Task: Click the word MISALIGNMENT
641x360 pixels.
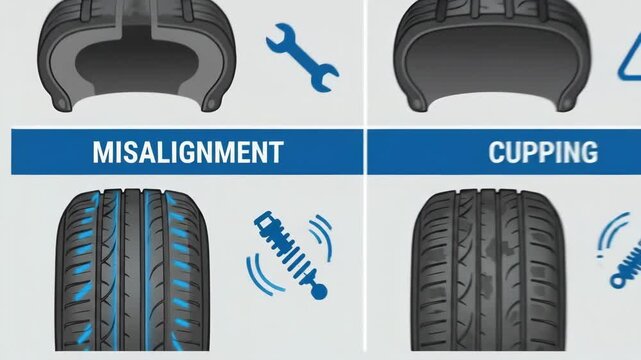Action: coord(186,153)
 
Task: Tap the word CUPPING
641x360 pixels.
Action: coord(543,153)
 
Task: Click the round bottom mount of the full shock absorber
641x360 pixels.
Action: coord(319,292)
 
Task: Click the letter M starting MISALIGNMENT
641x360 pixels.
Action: coord(102,153)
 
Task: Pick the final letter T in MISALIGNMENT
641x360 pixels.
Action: coord(275,153)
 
